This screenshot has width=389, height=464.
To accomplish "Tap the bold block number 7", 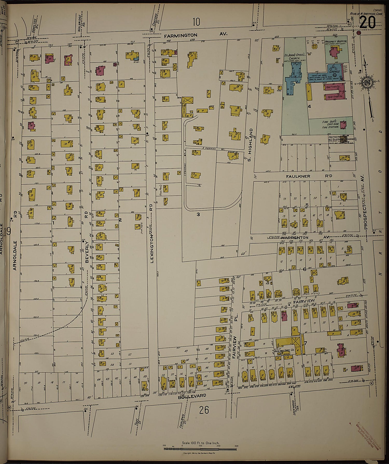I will pyautogui.click(x=306, y=343).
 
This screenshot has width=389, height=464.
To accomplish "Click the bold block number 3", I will pyautogui.click(x=198, y=214).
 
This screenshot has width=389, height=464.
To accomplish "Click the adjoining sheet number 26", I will pyautogui.click(x=204, y=410).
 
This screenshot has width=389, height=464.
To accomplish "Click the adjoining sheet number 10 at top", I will pyautogui.click(x=196, y=22).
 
